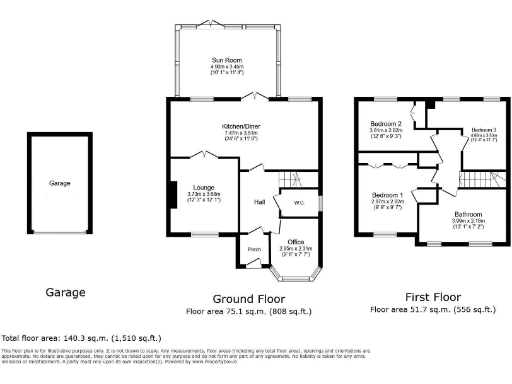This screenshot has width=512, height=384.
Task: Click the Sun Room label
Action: pos(226,60)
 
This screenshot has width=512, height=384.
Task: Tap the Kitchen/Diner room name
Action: pos(240,126)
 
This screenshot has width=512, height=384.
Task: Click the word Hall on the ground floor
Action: pos(258,202)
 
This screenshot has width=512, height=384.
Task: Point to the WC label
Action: pos(298,203)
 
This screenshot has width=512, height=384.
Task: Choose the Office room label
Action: pos(295,241)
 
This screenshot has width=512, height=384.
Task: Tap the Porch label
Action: pos(254,249)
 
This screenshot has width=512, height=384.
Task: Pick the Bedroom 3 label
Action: pos(484,131)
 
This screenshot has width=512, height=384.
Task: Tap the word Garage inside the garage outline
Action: pos(60,184)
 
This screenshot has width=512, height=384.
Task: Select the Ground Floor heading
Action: pos(246,299)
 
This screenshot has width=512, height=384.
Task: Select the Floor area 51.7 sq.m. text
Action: pos(433,311)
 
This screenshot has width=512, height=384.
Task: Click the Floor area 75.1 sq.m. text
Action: pos(246,311)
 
